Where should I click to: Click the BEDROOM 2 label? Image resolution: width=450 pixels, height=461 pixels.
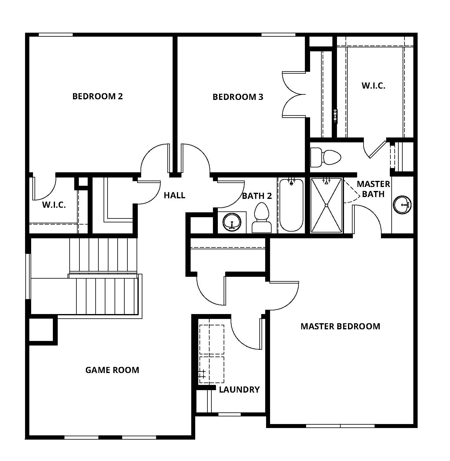coord(97,96)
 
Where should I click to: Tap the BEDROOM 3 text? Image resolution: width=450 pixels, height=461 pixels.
coord(238,97)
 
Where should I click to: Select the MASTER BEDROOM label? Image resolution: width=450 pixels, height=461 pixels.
coord(340,326)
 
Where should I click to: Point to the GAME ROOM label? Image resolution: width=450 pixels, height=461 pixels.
coord(112,370)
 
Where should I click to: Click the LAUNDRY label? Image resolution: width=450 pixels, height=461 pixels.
coord(239,390)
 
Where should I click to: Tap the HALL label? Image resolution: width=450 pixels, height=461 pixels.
coord(174,195)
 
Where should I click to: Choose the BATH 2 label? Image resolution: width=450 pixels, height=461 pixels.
coord(257,196)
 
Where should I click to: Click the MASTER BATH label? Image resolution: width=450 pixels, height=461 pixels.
coord(373,189)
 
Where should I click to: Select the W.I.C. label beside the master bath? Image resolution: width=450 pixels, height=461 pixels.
coord(373,86)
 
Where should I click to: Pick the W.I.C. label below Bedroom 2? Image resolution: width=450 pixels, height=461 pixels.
coord(54,205)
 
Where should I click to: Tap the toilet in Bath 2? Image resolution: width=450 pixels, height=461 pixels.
coord(262,218)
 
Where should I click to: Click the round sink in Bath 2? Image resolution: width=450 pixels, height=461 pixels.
coord(232,222)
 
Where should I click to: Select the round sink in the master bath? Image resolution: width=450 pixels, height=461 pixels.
coord(402,205)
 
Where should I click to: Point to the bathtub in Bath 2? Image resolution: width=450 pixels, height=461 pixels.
coord(291,205)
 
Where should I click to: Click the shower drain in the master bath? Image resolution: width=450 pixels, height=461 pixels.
coord(327,205)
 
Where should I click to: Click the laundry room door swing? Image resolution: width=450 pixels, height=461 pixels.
coord(246,335)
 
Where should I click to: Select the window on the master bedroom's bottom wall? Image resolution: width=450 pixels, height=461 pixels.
coord(340,426)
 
